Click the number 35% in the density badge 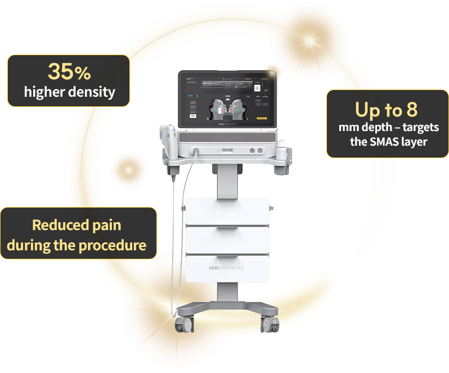[69, 71]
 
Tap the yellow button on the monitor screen [261, 119]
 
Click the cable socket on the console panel [196, 150]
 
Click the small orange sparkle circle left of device [128, 168]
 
